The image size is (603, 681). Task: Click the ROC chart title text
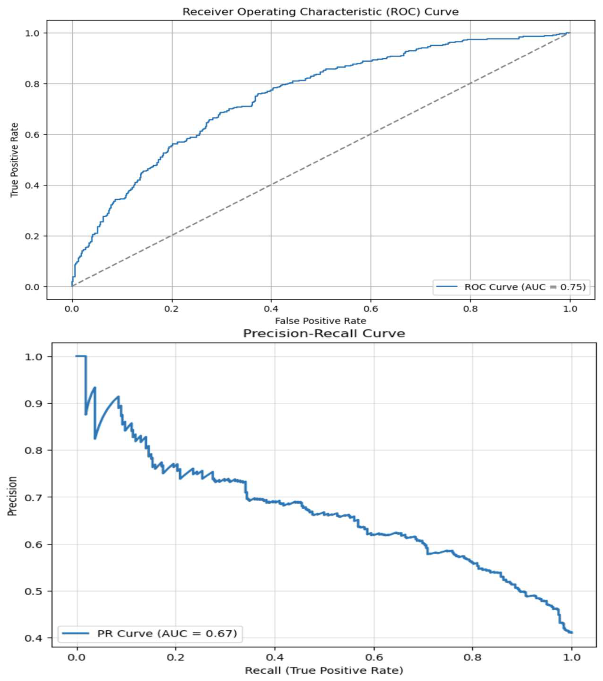click(x=320, y=12)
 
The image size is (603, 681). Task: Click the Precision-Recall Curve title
click(x=324, y=333)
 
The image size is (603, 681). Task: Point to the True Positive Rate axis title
click(x=14, y=160)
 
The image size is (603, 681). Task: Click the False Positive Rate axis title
click(x=320, y=321)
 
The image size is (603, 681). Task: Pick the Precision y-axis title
click(x=12, y=496)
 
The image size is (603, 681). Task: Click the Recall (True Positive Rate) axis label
click(x=324, y=670)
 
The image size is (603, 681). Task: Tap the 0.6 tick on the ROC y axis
click(x=32, y=135)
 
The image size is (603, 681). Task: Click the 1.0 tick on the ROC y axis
click(x=32, y=33)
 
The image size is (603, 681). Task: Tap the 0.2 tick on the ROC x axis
click(x=172, y=309)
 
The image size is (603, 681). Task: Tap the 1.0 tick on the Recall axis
click(x=571, y=657)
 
